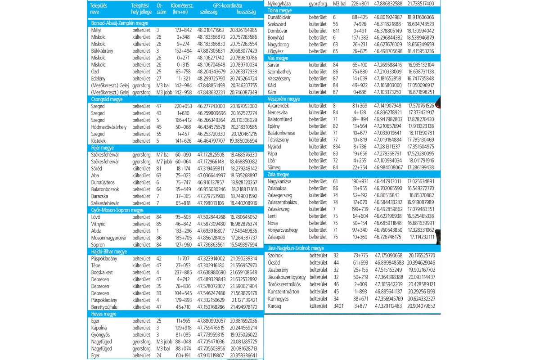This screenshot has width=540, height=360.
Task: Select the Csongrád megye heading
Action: (x=107, y=99)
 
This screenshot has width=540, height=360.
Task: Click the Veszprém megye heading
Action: (x=283, y=99)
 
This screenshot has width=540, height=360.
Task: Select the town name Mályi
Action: (x=96, y=30)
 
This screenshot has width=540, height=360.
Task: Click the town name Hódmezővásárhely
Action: (x=108, y=127)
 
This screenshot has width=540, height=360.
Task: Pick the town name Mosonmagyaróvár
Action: (x=108, y=238)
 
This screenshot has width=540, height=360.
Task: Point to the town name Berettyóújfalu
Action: (x=105, y=307)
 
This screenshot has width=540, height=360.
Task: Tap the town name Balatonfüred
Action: (x=279, y=119)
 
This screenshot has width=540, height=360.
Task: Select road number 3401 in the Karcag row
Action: (x=338, y=306)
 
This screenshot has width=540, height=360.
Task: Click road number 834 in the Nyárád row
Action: (x=337, y=147)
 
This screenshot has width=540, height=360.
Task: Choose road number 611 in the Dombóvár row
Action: (x=336, y=31)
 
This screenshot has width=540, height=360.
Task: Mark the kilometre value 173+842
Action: (x=184, y=30)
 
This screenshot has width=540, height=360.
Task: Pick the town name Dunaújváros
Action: (x=104, y=182)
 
